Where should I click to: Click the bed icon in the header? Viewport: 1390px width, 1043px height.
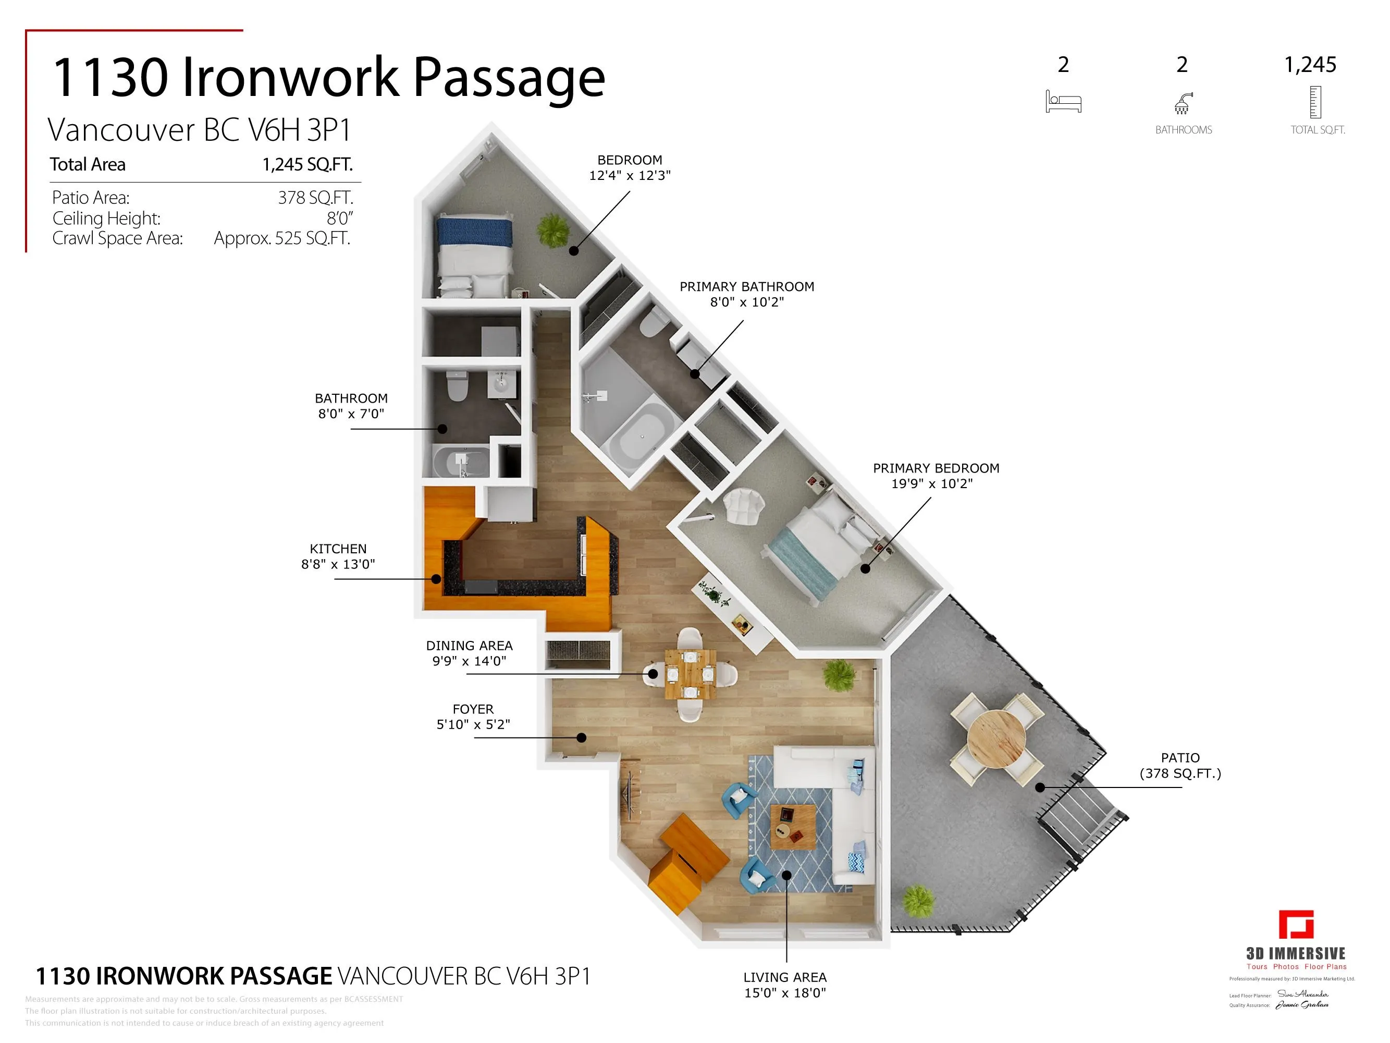[1063, 102]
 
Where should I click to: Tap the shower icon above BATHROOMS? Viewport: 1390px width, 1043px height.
[1183, 103]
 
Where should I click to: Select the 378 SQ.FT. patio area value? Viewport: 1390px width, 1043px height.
[315, 198]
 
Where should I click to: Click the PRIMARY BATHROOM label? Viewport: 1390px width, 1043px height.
[746, 294]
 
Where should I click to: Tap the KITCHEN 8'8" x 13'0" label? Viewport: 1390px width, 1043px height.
[338, 556]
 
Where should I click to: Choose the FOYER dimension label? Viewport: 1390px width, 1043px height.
[473, 717]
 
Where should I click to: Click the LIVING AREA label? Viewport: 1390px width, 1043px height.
[785, 985]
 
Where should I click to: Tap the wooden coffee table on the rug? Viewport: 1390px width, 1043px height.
[793, 826]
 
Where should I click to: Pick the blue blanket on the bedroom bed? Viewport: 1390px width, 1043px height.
[474, 231]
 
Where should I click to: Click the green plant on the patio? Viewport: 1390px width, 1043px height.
[919, 900]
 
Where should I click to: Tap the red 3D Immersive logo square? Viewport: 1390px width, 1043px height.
[1296, 924]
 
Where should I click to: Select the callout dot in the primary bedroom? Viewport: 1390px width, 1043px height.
[865, 569]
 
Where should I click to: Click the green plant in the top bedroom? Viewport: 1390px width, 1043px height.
[553, 229]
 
